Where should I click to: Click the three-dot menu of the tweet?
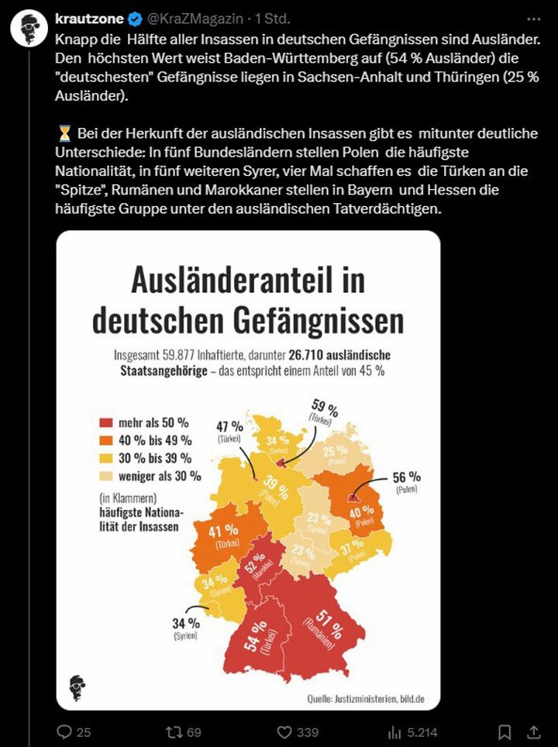[534, 19]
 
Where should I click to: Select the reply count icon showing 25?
[65, 731]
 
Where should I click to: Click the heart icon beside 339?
[285, 731]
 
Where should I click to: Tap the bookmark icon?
[505, 731]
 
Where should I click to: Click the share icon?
[534, 731]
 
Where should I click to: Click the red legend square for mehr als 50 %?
[106, 424]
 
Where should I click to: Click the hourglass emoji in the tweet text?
[64, 133]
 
